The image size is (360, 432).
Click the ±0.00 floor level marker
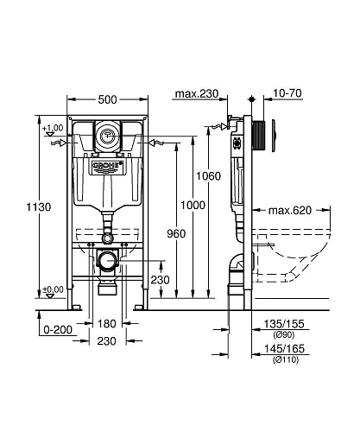(x=53, y=289)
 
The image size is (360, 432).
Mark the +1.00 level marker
(x=53, y=128)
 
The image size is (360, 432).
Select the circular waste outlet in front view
(x=109, y=261)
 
